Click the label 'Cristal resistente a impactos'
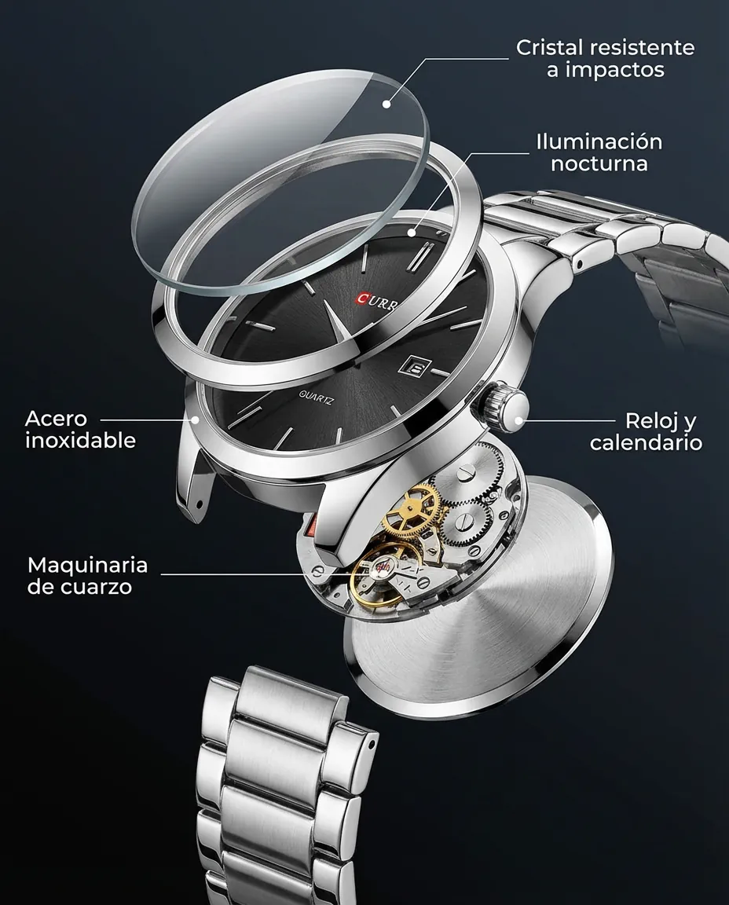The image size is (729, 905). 605,58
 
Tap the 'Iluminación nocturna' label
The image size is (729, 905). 599,152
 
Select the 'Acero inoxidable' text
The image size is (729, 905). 80,430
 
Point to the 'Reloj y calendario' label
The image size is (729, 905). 646,432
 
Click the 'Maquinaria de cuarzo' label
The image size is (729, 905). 87,575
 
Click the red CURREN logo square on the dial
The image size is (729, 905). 363,299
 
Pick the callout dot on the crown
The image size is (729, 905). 518,420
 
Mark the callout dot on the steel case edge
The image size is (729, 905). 196,420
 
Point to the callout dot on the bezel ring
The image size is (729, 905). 412,233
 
